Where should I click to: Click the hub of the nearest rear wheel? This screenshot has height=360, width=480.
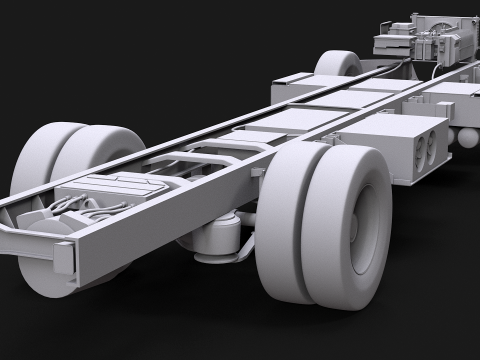[370, 222]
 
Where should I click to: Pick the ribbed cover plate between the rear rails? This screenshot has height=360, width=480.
[118, 186]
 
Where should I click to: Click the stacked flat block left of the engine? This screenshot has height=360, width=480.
[391, 43]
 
